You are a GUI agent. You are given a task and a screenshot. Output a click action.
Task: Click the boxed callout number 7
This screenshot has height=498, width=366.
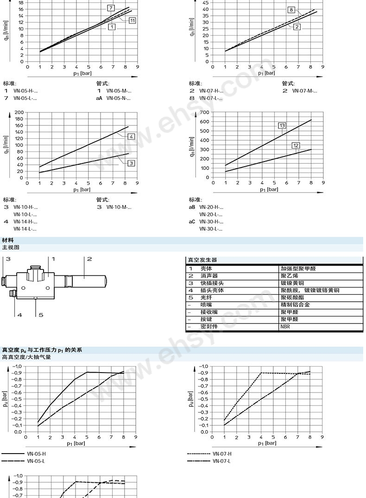coord(111,8)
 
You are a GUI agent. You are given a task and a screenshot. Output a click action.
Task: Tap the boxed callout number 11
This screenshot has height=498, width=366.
coord(133,20)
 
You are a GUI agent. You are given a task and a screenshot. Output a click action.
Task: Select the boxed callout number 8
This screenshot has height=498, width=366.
coord(291,10)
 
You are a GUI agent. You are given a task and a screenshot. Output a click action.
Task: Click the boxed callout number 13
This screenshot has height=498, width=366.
coord(282,125)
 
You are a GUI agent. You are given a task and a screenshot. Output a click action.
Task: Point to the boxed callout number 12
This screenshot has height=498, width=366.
coord(296,145)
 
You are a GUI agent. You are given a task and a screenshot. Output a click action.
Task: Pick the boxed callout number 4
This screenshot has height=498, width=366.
coord(131,137)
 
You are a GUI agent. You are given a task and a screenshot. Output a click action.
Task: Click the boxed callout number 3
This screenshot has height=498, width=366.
coord(131,163)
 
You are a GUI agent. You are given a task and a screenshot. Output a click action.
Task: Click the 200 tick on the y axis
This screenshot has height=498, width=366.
coord(19,112)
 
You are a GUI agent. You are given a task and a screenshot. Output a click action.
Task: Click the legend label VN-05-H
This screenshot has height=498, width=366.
coord(36,454)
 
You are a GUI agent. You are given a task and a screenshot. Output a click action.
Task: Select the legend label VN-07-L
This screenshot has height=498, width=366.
coord(222,461)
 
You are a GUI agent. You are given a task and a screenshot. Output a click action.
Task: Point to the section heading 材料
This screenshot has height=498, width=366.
coord(8,240)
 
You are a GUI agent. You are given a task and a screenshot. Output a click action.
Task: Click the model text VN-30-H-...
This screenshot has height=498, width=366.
coord(211,222)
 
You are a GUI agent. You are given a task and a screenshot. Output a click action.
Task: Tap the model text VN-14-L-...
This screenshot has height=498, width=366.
coord(25,229)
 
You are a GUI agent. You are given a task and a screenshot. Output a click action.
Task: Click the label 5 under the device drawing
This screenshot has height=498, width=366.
coord(41,315)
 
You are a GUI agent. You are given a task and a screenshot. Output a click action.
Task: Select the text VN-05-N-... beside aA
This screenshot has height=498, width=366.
coord(119,98)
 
